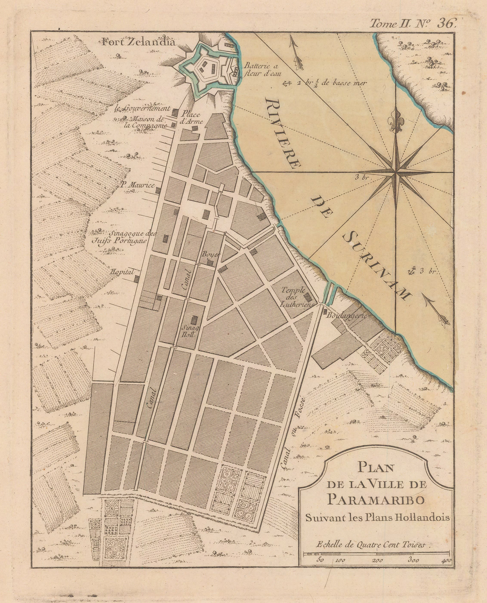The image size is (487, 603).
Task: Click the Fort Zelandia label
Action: (139, 42)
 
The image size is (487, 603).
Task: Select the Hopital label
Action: (123, 272)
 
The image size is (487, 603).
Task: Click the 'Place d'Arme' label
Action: (192, 118)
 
